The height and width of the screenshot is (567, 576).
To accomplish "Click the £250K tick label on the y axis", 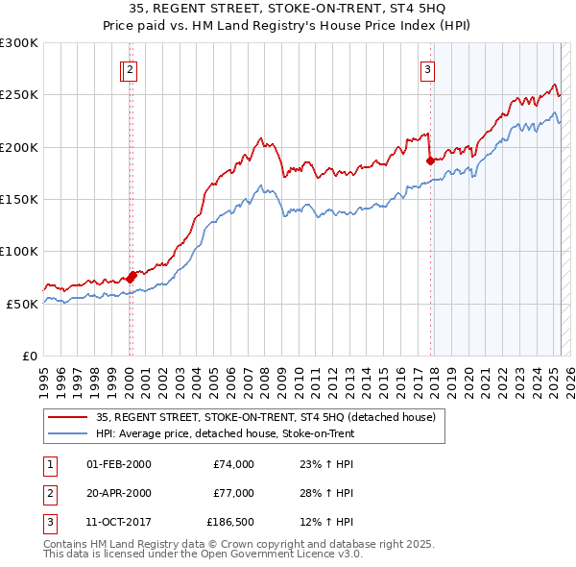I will click(19, 95).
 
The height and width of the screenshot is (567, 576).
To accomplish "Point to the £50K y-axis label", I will click(22, 304).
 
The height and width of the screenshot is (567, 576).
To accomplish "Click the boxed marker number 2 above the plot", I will click(129, 68).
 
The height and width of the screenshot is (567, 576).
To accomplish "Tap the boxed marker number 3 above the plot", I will click(427, 68).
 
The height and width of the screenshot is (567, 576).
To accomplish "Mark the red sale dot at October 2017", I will click(430, 160).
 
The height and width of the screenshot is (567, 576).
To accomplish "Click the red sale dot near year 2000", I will click(131, 277).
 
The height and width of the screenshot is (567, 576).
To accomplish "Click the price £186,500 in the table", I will click(230, 522).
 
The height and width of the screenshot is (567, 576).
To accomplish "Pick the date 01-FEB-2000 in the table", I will click(118, 464).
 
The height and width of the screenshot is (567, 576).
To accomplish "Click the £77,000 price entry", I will click(233, 493).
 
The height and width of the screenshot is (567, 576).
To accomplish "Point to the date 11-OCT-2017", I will click(118, 522).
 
